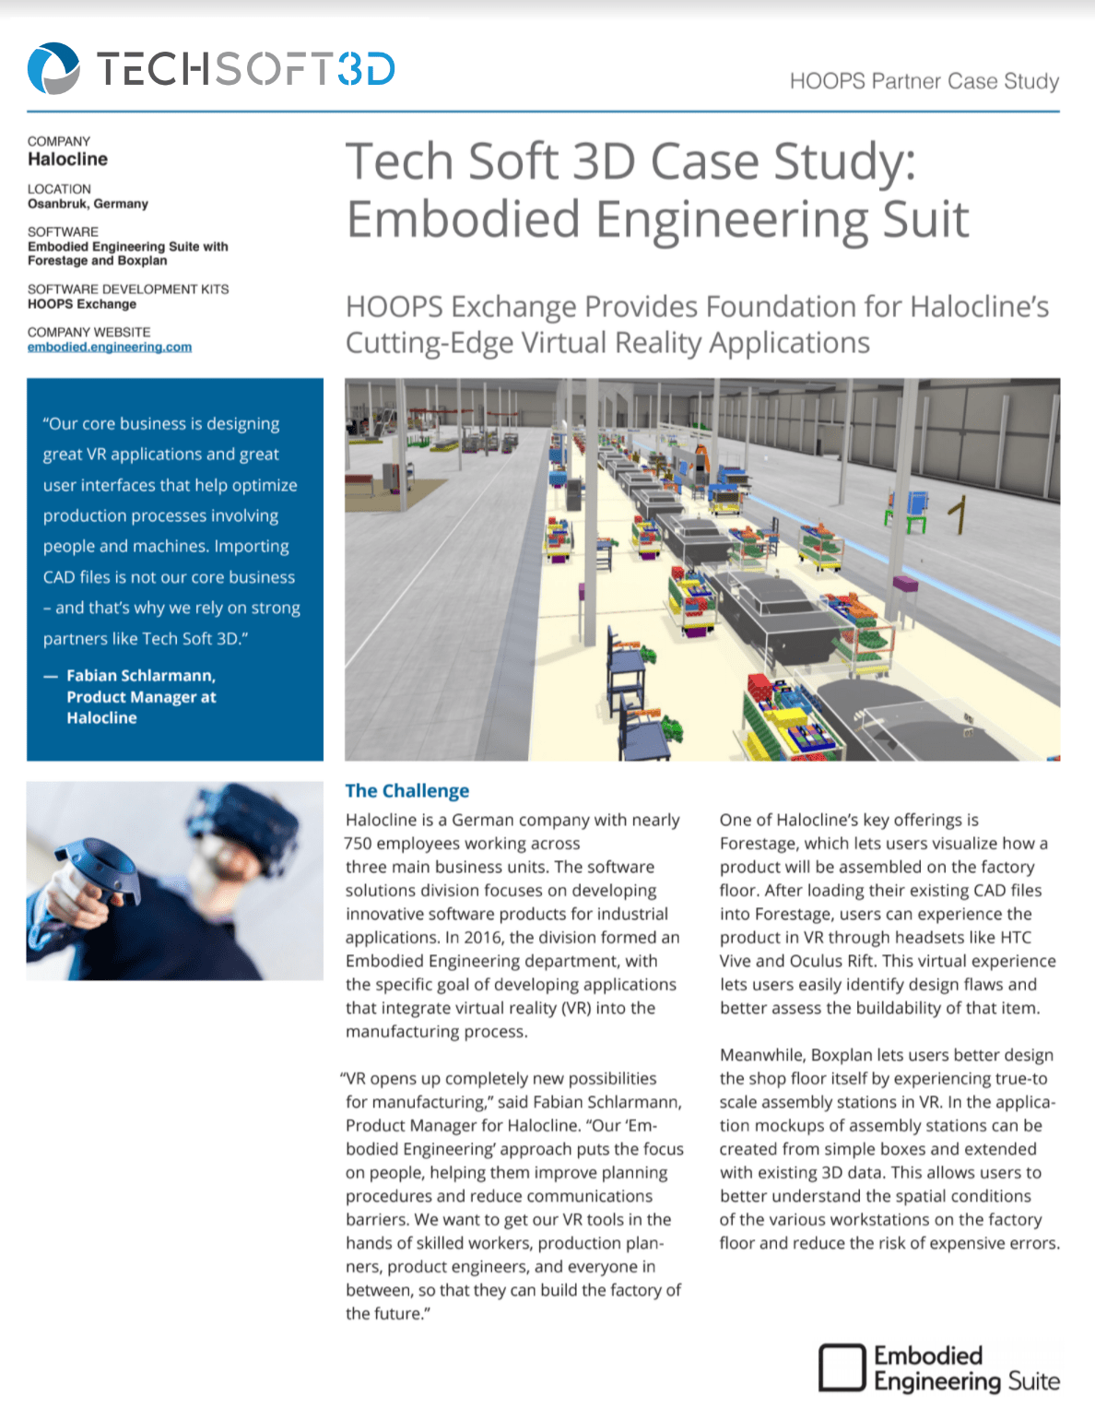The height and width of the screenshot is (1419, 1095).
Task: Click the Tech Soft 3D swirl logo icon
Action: point(53,68)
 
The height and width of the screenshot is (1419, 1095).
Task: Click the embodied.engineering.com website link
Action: point(110,348)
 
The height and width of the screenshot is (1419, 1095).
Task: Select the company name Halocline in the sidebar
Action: point(67,160)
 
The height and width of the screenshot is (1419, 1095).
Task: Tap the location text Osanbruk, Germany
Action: point(88,204)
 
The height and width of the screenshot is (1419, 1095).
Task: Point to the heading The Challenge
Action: point(406,791)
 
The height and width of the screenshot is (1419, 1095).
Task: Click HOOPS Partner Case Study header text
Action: point(924,81)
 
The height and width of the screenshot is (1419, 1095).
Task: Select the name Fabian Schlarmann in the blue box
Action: point(140,676)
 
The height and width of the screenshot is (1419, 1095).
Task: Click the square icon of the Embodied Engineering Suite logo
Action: point(842,1367)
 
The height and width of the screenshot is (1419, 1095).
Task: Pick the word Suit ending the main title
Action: point(925,219)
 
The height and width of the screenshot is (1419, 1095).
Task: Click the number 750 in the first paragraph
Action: point(358,844)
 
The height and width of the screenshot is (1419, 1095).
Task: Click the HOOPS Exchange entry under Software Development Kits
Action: point(82,304)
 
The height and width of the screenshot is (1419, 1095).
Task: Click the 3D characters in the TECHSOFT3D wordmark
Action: point(366,69)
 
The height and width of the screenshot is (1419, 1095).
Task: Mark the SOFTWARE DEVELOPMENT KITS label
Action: point(128,290)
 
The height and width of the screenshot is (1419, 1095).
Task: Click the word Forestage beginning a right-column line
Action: point(758,844)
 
